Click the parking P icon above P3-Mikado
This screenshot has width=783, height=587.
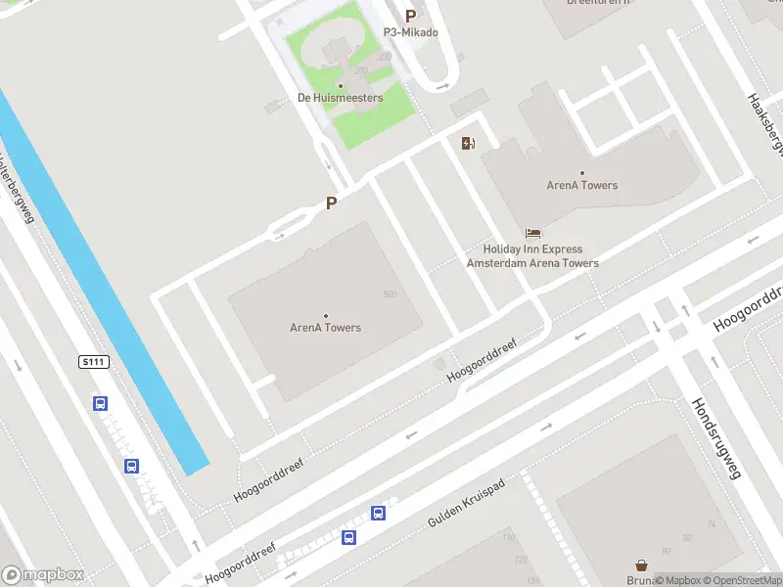410,16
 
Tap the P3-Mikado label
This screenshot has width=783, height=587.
410,32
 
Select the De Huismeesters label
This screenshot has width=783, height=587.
340,98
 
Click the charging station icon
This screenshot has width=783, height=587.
469,144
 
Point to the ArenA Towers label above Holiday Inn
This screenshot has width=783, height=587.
582,185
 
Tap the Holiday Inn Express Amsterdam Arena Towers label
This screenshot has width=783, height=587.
531,256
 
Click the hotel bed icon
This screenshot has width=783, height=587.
532,233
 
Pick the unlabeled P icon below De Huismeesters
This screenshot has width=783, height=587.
331,203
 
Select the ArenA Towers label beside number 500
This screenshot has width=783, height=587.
325,328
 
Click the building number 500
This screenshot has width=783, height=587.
390,294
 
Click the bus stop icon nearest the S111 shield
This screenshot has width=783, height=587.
100,403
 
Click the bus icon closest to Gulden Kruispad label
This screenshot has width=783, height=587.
378,513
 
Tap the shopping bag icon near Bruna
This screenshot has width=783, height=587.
641,565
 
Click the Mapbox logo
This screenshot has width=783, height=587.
43,575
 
